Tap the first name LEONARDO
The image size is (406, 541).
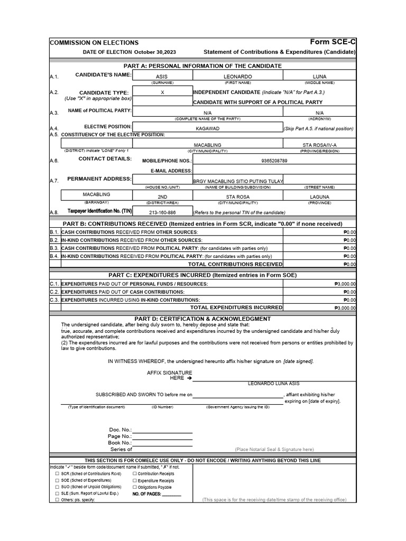[237, 77]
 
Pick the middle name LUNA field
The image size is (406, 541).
[319, 77]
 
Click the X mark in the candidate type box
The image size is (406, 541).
[162, 92]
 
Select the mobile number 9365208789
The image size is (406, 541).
[274, 161]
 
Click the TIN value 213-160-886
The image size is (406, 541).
[162, 212]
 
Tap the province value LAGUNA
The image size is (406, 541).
[319, 197]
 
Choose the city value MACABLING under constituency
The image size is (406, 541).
[207, 145]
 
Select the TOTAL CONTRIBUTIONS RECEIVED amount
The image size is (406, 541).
[348, 264]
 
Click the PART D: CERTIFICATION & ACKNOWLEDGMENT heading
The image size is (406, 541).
[202, 319]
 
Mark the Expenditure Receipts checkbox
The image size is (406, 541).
[135, 481]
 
